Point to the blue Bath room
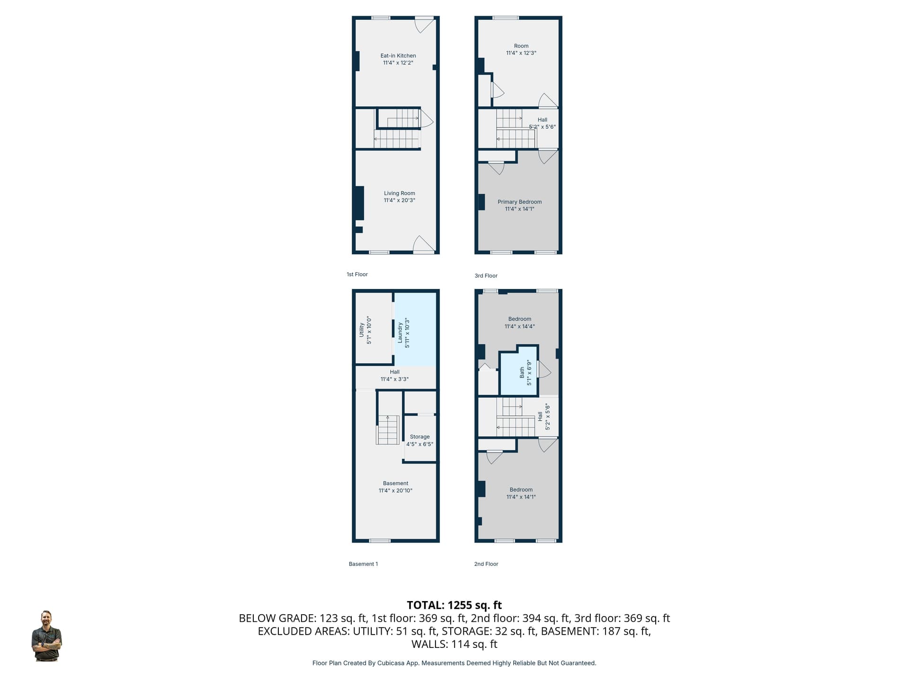click(519, 371)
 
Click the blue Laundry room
click(415, 329)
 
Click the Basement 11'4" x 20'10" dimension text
click(395, 491)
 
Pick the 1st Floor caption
click(357, 274)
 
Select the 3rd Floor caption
click(486, 276)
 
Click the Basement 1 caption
click(363, 564)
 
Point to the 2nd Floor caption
click(486, 564)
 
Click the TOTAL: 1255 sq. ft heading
click(454, 605)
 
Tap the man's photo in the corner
click(46, 636)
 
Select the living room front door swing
click(424, 244)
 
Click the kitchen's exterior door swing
click(424, 25)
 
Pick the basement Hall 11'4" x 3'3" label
click(394, 376)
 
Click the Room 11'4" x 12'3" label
click(521, 50)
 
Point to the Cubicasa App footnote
click(454, 663)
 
